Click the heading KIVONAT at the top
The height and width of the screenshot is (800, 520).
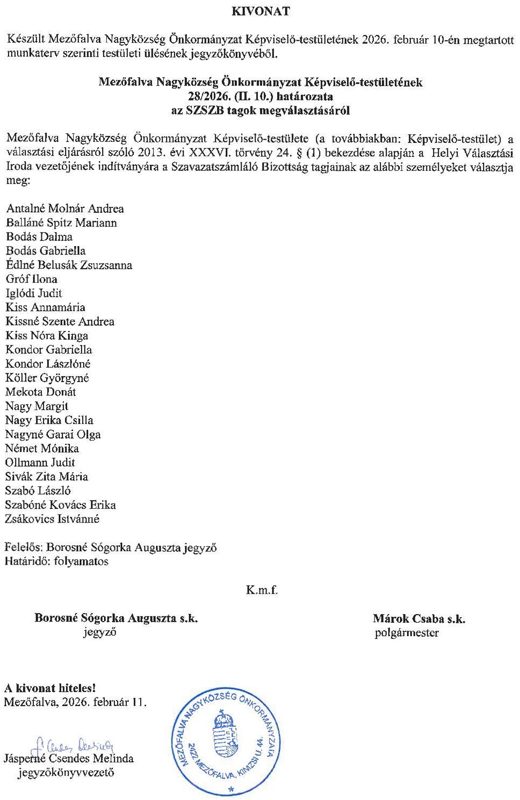(260, 11)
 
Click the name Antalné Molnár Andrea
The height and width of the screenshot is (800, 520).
(65, 208)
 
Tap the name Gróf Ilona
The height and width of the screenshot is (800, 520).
(32, 279)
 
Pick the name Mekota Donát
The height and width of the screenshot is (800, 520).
(41, 392)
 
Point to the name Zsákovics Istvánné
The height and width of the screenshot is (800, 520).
(53, 519)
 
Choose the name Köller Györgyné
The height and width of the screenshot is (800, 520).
(47, 378)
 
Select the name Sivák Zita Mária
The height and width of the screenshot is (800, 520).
(47, 477)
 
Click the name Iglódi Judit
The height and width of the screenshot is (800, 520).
(34, 293)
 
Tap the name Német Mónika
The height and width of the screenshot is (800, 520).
(42, 448)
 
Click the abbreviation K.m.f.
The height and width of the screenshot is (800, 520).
(262, 590)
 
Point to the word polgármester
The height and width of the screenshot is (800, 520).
(407, 633)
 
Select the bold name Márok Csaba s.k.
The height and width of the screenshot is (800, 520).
(419, 618)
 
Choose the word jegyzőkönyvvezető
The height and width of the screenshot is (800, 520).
(66, 773)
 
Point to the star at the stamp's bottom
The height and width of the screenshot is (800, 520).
(232, 789)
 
